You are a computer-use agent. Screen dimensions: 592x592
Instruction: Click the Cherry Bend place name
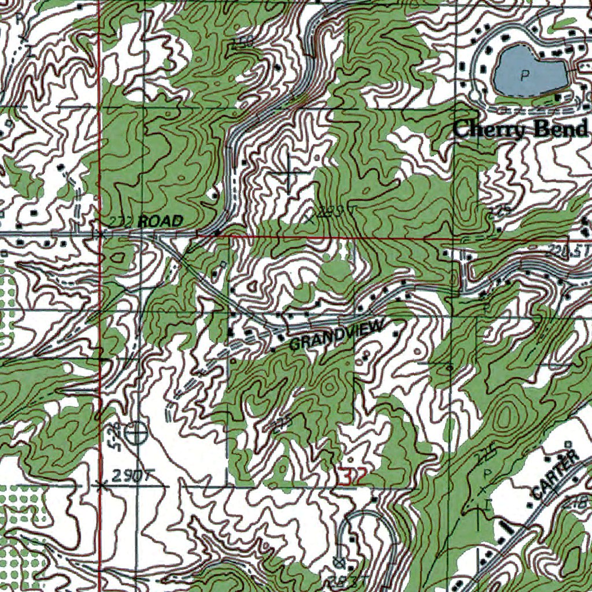(x=520, y=129)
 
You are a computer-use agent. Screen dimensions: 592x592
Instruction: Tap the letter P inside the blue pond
(x=525, y=74)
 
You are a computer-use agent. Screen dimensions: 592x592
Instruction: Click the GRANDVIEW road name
(x=335, y=336)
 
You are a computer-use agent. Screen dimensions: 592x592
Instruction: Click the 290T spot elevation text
(x=131, y=476)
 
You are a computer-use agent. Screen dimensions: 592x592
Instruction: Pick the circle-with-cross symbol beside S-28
(x=136, y=432)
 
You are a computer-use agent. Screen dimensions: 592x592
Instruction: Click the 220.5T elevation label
(x=569, y=250)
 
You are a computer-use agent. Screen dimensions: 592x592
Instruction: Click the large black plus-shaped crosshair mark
(x=288, y=173)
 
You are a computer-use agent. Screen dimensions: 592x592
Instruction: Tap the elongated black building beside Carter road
(x=507, y=527)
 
